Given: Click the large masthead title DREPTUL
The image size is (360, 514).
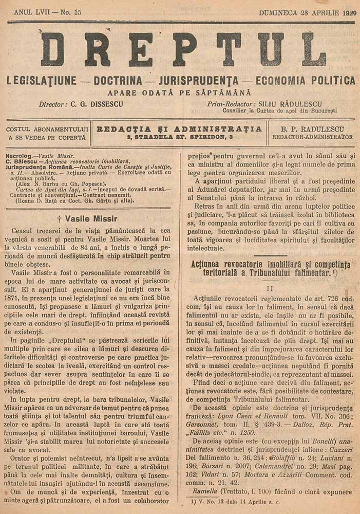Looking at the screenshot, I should [x=183, y=49].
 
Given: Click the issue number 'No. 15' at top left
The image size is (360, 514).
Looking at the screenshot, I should [x=65, y=11].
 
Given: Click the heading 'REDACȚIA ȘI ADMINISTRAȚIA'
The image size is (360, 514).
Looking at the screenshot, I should [x=179, y=128].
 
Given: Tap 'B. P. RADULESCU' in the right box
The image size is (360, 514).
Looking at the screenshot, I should [x=312, y=128].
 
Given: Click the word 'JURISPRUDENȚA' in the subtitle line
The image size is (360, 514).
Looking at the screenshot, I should [x=199, y=81].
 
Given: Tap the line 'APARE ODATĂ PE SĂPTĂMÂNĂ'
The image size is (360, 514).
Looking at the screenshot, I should [x=179, y=93].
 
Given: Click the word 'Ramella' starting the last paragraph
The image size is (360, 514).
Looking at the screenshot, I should [x=207, y=490].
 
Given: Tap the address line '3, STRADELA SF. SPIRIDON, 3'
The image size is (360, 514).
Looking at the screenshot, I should [x=179, y=137].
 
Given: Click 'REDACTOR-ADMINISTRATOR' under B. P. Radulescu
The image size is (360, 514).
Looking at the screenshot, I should [x=312, y=137].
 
